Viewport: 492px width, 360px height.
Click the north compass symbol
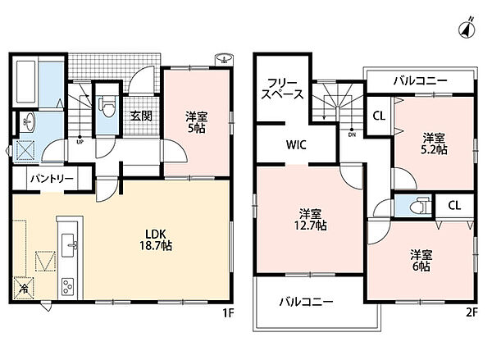[x=467, y=28]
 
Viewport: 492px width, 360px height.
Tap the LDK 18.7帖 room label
[x=156, y=239]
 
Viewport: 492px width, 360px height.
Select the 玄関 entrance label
[x=141, y=116]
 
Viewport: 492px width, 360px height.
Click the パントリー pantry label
[x=52, y=179]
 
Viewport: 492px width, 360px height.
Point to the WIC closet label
[x=296, y=145]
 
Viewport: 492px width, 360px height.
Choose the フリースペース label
[x=282, y=89]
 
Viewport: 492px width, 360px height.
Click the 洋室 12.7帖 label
[x=310, y=220]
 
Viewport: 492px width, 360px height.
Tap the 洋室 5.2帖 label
[x=434, y=144]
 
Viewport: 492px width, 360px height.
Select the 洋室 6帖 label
[x=421, y=261]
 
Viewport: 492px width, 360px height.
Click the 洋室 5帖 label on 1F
[x=196, y=122]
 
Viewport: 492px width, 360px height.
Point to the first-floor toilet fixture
[x=107, y=106]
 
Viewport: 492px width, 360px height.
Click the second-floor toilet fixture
[x=420, y=206]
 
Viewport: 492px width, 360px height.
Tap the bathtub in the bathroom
[x=27, y=81]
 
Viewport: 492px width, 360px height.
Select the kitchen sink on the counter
[x=69, y=246]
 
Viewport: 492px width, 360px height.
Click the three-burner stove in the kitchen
[x=68, y=286]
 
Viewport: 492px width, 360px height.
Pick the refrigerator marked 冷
[x=23, y=288]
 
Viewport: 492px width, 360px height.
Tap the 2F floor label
[x=471, y=312]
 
